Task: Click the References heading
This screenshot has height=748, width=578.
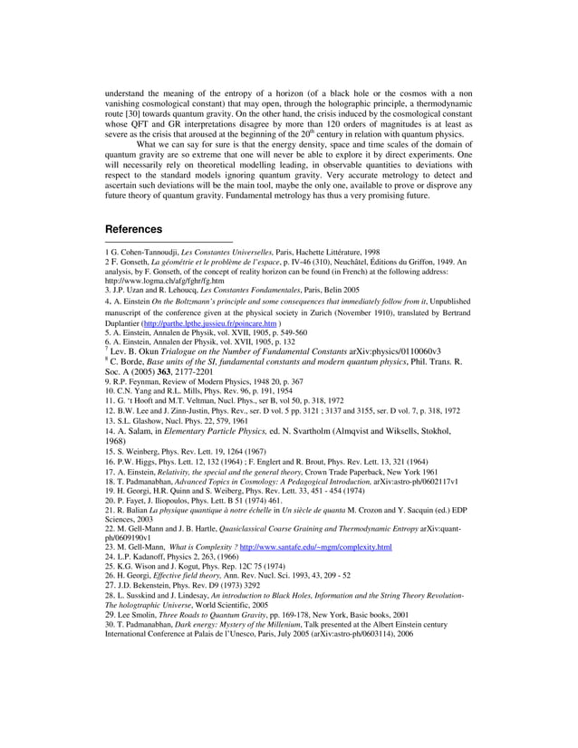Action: click(x=134, y=229)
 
